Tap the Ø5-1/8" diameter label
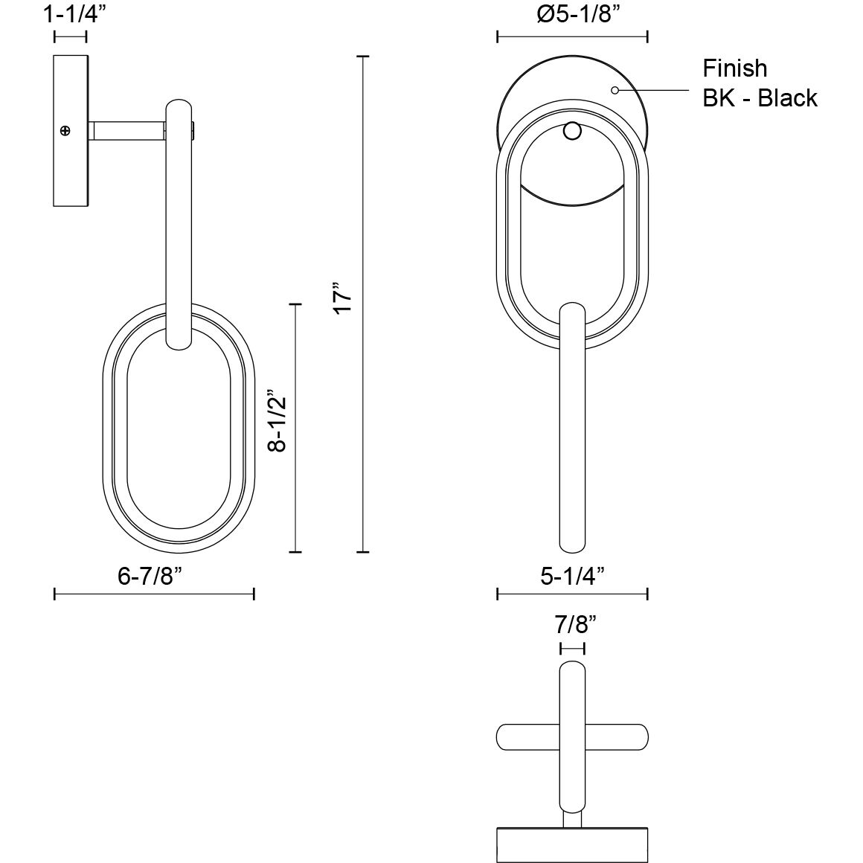tap(572, 14)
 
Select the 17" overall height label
tap(341, 298)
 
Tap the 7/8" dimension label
tap(571, 625)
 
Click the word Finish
tap(734, 68)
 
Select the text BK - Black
tap(760, 98)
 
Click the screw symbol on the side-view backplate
tap(65, 131)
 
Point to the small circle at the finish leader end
tap(615, 91)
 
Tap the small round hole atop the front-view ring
tap(572, 132)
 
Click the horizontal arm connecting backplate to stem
tap(126, 131)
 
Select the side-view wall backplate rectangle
tap(71, 130)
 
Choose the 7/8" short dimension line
tap(572, 648)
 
